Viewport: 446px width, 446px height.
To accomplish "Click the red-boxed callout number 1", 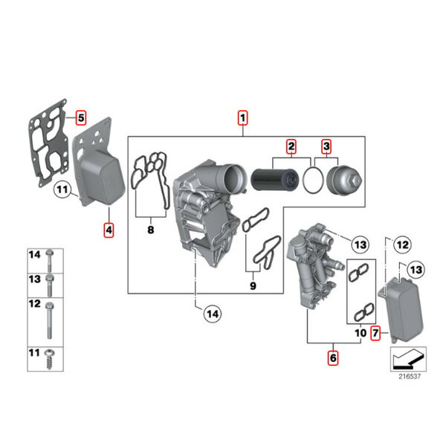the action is click(x=242, y=117).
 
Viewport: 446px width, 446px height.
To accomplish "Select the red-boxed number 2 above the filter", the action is click(x=291, y=146).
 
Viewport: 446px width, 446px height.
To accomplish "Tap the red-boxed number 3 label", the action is click(x=326, y=146).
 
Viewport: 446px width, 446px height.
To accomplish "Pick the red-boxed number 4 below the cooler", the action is click(x=109, y=230).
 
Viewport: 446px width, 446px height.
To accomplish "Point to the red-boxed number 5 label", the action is click(x=81, y=117).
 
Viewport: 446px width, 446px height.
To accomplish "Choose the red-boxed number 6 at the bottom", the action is click(x=333, y=358).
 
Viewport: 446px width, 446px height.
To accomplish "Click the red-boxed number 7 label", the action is click(x=375, y=333).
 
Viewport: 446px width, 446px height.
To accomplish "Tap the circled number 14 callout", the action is click(x=213, y=314).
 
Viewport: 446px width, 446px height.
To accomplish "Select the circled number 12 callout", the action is click(x=402, y=245).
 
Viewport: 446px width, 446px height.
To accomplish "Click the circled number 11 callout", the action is click(x=62, y=190).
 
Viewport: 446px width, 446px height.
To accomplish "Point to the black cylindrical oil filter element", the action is click(x=275, y=179).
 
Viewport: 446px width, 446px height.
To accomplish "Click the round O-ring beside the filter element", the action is click(x=313, y=180).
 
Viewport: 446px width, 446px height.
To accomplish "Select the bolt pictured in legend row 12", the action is click(x=50, y=320).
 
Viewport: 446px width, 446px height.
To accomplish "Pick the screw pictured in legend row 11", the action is click(x=50, y=359).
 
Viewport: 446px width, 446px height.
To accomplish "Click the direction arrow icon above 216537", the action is click(x=408, y=359).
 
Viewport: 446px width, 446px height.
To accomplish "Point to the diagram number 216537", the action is click(x=410, y=376).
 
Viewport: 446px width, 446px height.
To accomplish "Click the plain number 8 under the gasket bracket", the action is click(x=151, y=230).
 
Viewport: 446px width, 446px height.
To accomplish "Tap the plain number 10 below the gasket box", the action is click(x=361, y=333).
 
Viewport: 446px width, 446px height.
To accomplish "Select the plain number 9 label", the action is click(x=253, y=286).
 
